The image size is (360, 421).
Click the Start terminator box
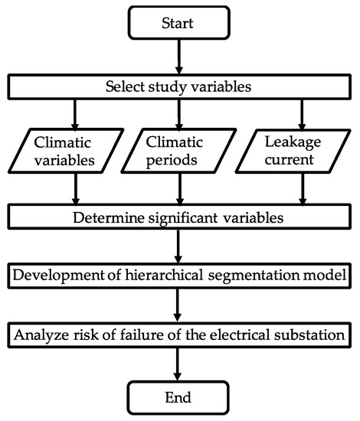click(178, 24)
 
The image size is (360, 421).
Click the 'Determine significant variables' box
click(178, 216)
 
